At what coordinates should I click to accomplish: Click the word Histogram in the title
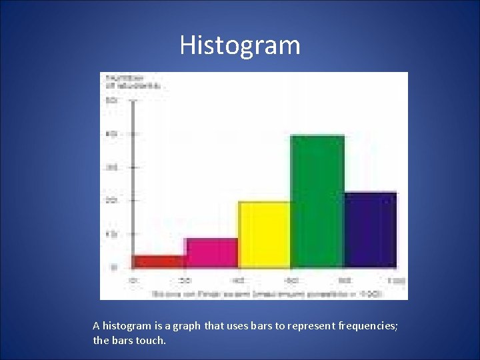tap(240, 45)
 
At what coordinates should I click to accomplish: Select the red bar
tap(160, 261)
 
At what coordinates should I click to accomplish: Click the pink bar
tap(212, 253)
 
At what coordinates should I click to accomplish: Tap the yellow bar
tap(265, 235)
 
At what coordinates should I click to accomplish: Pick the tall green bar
tap(317, 201)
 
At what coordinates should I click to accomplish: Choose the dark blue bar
tap(370, 230)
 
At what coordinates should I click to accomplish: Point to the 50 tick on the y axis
tap(111, 101)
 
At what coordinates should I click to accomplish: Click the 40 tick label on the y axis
tap(111, 134)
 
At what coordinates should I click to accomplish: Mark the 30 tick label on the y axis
tap(111, 167)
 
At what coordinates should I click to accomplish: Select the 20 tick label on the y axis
tap(111, 201)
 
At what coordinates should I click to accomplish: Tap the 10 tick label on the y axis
tap(111, 234)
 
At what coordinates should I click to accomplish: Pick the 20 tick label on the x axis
tap(187, 280)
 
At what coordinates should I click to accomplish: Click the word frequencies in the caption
tap(367, 326)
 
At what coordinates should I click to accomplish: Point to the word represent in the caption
tap(308, 326)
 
